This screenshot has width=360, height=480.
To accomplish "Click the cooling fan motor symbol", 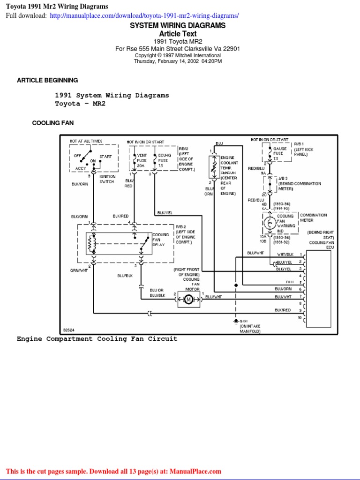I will pos(188,299).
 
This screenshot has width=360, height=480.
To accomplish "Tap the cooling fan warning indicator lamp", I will pos(270,223).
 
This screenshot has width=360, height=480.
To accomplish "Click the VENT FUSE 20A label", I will pos(142,160).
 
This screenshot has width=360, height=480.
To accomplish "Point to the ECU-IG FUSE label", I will pos(163,160).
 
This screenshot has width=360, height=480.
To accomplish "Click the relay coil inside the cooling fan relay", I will pos(92,243).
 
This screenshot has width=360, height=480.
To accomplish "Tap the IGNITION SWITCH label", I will pos(107,179).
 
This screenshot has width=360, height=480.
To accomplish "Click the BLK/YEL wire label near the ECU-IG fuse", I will pos(165,212).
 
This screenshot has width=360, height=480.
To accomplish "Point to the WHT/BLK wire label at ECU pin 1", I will pos(285,254).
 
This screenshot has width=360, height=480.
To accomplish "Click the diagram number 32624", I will pos(69,330).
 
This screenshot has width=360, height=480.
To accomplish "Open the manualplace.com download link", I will pos(143,15).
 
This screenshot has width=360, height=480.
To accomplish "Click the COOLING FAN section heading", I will pos(52,123).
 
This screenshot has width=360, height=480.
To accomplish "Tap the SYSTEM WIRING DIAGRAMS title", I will pos(178,25).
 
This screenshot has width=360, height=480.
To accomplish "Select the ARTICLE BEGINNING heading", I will pos(47,80).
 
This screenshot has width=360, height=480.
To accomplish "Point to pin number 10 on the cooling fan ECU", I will pos(300,318).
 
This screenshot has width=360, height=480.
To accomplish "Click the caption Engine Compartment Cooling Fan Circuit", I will pos(97,338).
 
